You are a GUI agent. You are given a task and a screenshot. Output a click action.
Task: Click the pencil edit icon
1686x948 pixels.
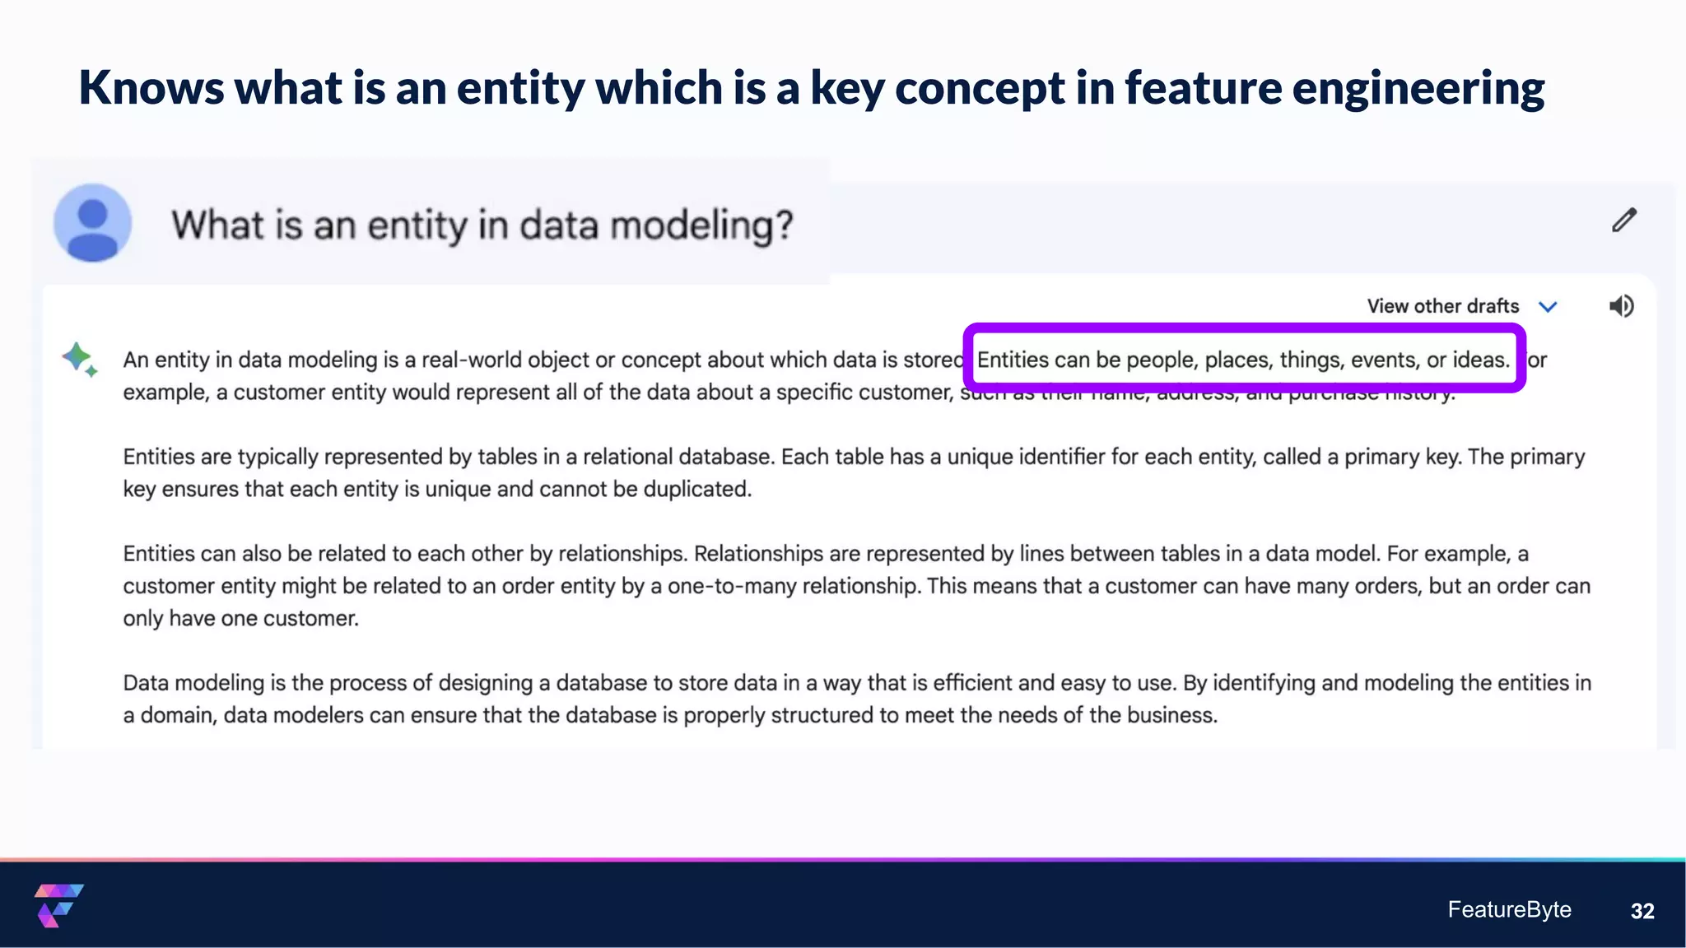(x=1623, y=221)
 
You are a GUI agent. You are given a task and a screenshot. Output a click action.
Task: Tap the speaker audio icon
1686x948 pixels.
(x=1621, y=306)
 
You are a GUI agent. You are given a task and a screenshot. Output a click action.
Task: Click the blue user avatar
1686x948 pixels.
(x=93, y=223)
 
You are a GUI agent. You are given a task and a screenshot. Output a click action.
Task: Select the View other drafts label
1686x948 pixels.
(x=1442, y=306)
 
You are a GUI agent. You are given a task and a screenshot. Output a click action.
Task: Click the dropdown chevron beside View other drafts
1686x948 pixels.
(x=1548, y=307)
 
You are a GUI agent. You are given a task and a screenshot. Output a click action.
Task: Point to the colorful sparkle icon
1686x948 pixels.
(x=79, y=360)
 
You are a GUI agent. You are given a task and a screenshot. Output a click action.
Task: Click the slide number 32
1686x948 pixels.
(x=1642, y=911)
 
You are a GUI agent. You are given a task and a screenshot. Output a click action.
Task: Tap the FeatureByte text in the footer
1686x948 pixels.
(x=1509, y=909)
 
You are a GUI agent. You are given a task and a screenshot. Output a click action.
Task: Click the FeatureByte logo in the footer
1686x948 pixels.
(x=58, y=905)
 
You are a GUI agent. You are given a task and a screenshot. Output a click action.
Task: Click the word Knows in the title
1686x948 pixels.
(x=151, y=87)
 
